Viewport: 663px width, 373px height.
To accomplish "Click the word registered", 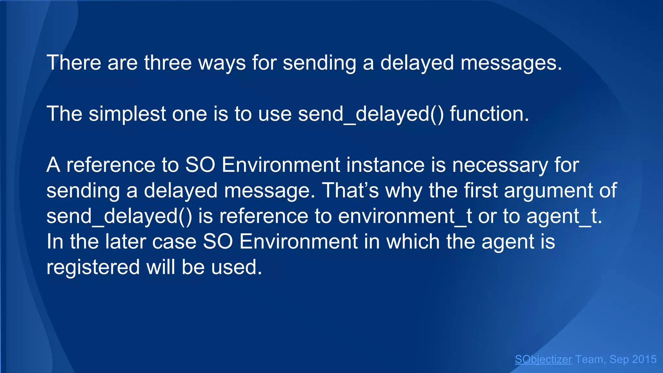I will point(93,267).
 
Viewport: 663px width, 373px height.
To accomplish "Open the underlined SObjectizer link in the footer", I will point(543,359).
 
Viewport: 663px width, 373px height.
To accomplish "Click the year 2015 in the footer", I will point(644,359).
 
